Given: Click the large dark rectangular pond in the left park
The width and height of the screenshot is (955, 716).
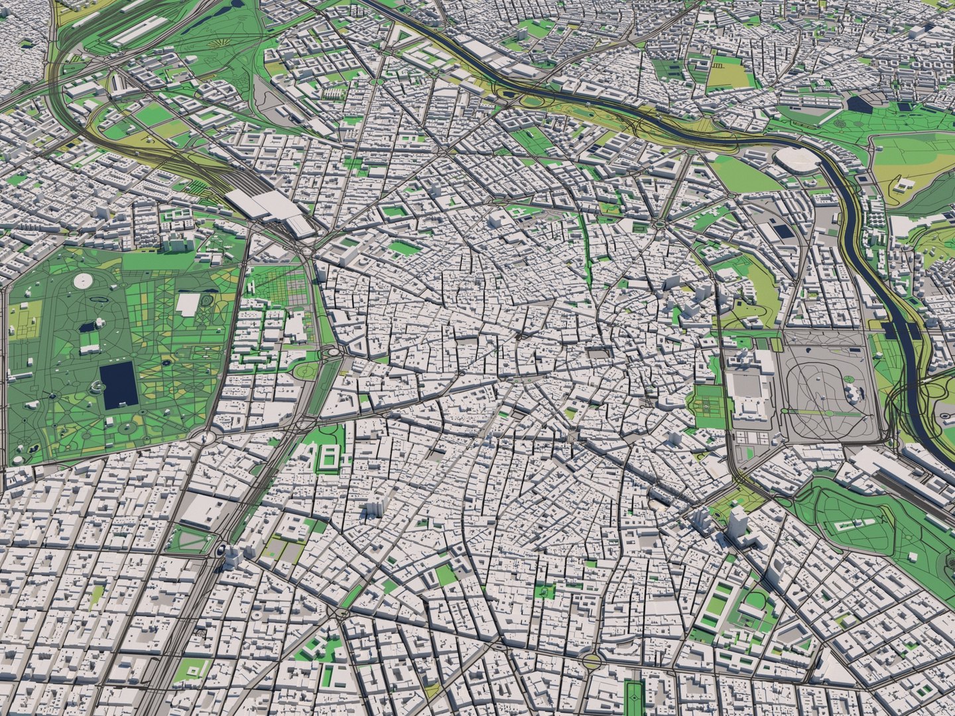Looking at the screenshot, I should [119, 385].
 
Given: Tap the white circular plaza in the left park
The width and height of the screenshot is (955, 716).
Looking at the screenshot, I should [83, 282].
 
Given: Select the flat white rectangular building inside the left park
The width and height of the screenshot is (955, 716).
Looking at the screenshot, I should [188, 304].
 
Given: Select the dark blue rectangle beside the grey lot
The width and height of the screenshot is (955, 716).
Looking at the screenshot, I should [784, 231].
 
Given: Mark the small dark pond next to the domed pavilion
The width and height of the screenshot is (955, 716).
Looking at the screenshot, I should [87, 327].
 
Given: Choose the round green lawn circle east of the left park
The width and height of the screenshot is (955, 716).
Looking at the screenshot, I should [306, 371].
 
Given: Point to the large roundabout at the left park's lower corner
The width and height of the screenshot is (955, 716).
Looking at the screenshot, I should [204, 438].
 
